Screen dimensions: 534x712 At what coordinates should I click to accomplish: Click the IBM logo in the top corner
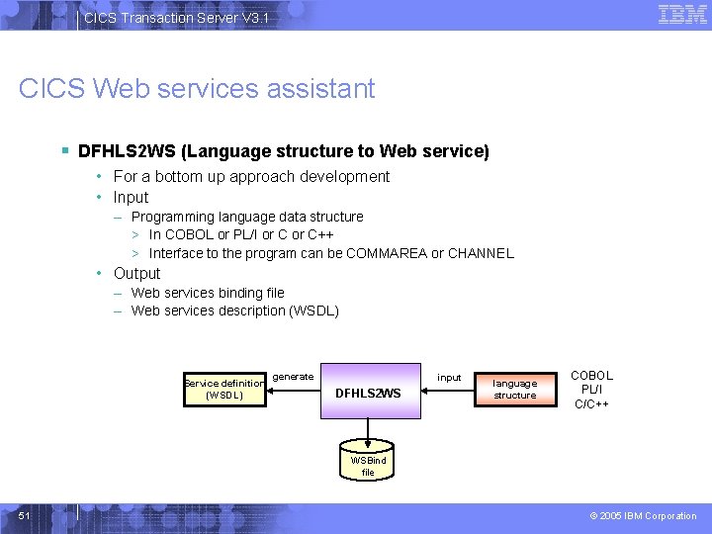[x=682, y=14]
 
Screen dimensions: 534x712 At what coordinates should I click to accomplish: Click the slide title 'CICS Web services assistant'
[x=197, y=88]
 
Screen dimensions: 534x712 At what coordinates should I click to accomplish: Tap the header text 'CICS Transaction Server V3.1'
[x=175, y=18]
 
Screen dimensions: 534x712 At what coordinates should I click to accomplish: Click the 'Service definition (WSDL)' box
[x=223, y=390]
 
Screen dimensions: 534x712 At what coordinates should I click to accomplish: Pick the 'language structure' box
[x=514, y=389]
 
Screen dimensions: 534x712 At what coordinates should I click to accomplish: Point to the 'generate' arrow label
[x=293, y=376]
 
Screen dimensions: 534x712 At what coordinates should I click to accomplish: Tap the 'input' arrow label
[x=449, y=377]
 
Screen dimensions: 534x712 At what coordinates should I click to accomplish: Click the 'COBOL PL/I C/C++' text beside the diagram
[x=591, y=390]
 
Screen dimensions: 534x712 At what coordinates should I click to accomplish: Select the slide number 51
[x=25, y=515]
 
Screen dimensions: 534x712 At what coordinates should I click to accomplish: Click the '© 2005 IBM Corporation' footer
[x=644, y=515]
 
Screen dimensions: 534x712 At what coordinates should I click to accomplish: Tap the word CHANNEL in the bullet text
[x=481, y=253]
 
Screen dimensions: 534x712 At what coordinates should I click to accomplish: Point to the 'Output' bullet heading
[x=136, y=273]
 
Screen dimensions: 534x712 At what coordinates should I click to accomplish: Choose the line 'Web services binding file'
[x=208, y=293]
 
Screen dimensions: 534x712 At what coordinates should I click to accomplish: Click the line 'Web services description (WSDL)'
[x=234, y=311]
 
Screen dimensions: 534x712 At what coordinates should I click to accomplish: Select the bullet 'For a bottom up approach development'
[x=251, y=176]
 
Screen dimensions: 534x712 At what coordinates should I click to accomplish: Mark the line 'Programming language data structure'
[x=247, y=217]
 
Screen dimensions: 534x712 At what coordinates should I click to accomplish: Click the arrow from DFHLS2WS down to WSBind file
[x=368, y=430]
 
